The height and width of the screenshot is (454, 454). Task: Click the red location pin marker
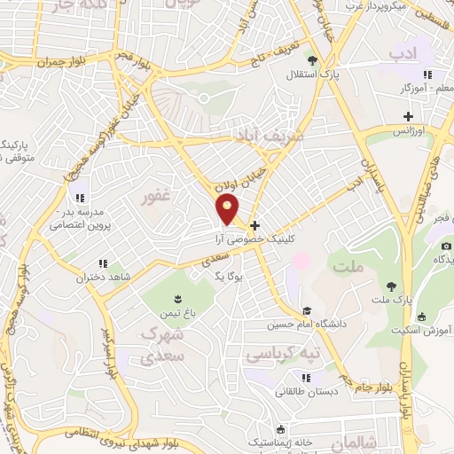(227, 208)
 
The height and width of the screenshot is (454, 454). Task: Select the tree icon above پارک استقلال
(312, 59)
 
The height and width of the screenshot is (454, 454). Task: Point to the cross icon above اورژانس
(408, 116)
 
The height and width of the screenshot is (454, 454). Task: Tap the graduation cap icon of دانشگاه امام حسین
(306, 311)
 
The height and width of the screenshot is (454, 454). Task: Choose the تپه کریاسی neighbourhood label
(276, 354)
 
